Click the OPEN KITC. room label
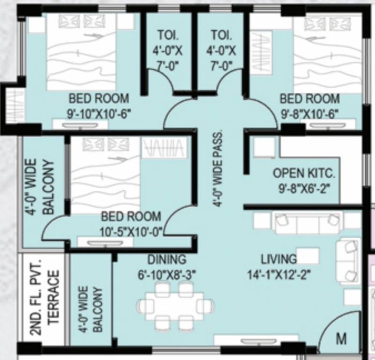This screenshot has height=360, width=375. (304, 174)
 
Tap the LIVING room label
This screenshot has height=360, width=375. (279, 259)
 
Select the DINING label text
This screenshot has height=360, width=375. (167, 259)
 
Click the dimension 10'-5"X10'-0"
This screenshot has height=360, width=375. (131, 232)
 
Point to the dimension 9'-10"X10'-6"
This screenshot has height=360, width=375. (98, 112)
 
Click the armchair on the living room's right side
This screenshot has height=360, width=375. (349, 261)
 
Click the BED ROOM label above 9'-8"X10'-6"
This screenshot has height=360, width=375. (309, 98)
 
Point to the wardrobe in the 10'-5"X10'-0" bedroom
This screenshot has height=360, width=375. (164, 148)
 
